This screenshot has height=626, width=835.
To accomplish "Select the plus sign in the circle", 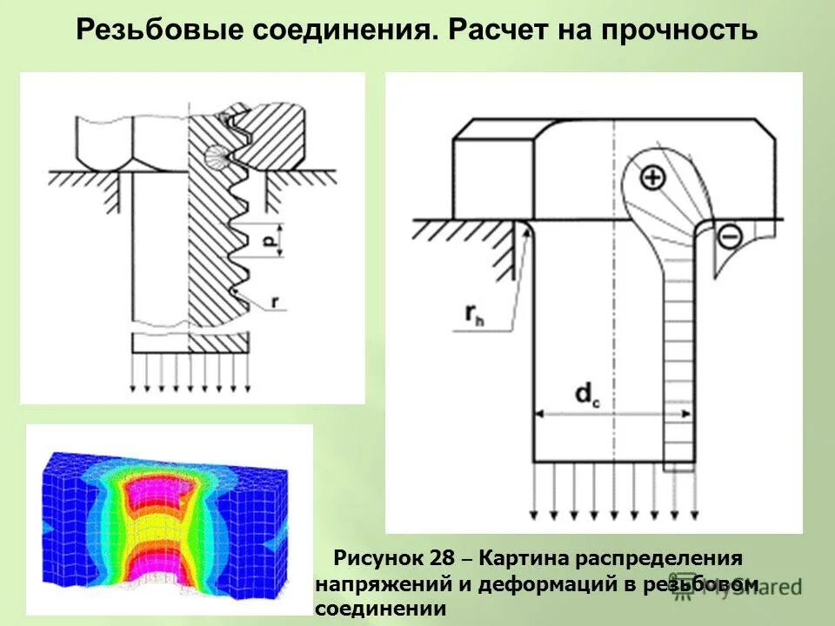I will (651, 178).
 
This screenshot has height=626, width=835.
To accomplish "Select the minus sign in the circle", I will (729, 234).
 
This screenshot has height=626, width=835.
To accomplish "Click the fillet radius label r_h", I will (475, 318).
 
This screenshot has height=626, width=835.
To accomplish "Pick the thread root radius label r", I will (275, 302).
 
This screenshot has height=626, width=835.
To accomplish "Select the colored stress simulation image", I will (169, 519).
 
